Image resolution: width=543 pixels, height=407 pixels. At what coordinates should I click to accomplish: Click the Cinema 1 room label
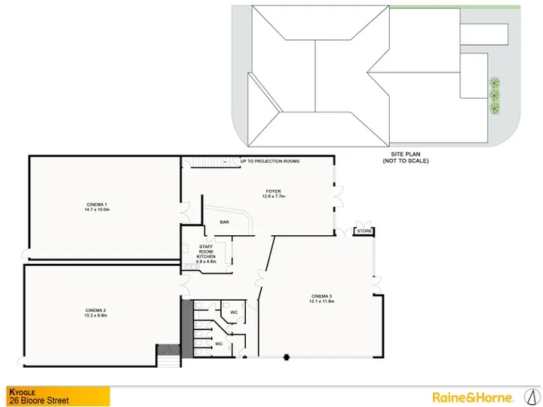(97, 204)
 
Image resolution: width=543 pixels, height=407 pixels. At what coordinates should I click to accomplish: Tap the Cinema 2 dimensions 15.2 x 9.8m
(97, 315)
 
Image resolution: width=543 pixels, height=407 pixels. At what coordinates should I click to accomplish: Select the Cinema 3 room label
(322, 296)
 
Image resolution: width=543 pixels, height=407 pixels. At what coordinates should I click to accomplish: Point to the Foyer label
(274, 191)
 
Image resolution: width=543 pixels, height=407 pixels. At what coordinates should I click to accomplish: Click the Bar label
(225, 222)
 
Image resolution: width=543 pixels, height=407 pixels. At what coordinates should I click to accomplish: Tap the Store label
(364, 231)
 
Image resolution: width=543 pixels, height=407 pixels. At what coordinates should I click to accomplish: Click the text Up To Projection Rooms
(270, 161)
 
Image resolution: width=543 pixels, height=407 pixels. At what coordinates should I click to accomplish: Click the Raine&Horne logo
(473, 397)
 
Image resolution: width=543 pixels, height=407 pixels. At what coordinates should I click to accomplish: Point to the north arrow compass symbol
(532, 396)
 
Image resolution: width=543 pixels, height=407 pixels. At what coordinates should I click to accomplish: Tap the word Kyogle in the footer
(22, 392)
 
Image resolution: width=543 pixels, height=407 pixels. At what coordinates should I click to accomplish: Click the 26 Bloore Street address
(39, 401)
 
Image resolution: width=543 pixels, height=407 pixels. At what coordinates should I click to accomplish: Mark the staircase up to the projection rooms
(210, 162)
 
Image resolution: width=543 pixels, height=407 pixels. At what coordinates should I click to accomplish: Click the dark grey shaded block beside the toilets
(187, 329)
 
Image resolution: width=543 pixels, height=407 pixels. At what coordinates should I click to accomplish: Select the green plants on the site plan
(495, 96)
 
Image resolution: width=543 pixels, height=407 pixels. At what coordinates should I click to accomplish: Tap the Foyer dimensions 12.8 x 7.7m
(274, 196)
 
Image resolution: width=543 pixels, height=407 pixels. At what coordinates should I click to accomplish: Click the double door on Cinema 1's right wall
(186, 213)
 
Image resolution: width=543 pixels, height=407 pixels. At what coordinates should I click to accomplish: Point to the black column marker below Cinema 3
(287, 357)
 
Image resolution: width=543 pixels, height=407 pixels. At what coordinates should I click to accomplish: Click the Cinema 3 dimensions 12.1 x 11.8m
(322, 301)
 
